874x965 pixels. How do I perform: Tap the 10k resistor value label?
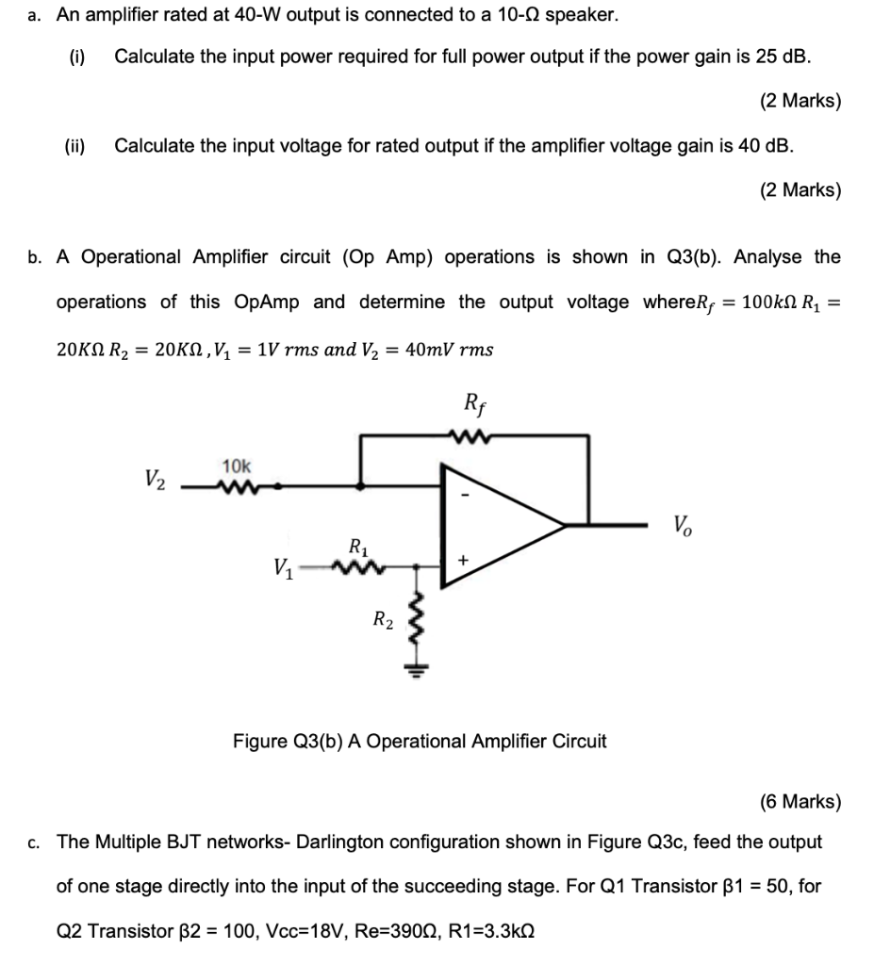pos(236,466)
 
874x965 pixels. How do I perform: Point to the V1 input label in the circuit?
pos(282,568)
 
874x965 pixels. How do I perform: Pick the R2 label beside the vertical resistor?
pos(381,619)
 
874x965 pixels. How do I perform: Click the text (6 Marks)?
pos(800,802)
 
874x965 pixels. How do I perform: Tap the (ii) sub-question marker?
pos(74,145)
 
